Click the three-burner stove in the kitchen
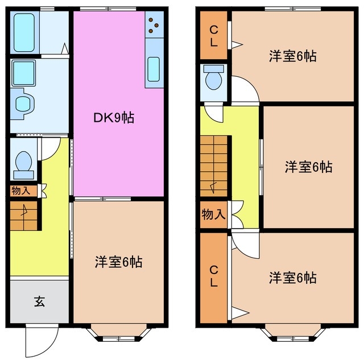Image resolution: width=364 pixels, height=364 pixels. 154,24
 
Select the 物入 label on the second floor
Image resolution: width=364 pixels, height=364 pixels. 213,215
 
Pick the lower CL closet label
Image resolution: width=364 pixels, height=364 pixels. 213,275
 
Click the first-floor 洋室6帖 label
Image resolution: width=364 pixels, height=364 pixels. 118,262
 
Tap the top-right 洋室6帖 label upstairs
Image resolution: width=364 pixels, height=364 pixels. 292,56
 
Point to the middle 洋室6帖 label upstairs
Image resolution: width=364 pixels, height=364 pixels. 308,167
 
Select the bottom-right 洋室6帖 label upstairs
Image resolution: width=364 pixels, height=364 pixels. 292,278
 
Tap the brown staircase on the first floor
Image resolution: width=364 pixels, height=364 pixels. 24,216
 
